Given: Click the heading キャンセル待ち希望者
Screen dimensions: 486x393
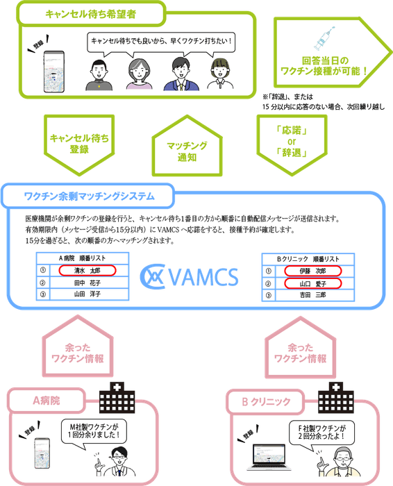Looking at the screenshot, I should (90, 13).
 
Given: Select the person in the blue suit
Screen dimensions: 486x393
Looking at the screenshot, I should (178, 74).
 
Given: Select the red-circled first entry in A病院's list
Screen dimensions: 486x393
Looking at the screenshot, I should (83, 270).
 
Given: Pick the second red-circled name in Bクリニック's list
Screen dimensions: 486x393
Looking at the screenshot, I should (305, 283).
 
